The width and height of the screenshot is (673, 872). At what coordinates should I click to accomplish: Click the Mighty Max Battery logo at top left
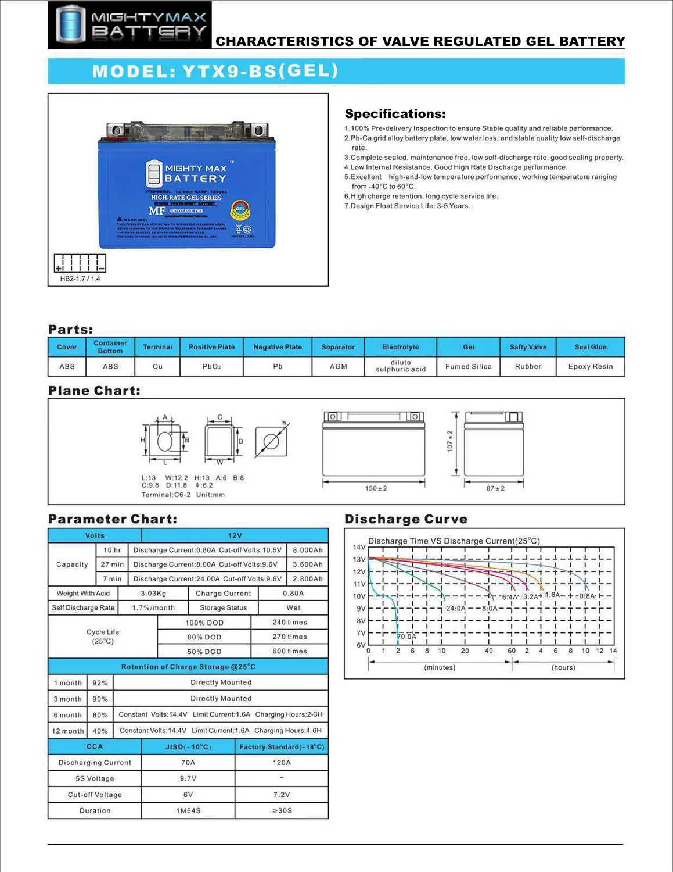pos(129,25)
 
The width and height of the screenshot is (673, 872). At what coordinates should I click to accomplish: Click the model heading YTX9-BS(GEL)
pos(215,71)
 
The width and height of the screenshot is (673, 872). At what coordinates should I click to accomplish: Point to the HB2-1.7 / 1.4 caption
pos(80,279)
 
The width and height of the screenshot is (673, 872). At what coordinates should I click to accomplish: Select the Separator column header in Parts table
pos(338,347)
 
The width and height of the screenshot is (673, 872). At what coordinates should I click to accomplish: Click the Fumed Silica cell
pos(468,367)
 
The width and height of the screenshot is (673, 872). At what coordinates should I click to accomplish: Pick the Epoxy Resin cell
pos(591,367)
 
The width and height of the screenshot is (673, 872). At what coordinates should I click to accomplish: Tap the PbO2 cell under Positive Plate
pos(211,367)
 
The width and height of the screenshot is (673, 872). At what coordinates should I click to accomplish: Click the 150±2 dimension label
pos(376,488)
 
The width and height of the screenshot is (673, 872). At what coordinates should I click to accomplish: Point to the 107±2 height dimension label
pos(450,441)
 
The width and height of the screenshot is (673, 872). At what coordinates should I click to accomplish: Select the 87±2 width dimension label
pos(495,488)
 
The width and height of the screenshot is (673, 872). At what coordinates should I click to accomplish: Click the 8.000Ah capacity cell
pos(307,550)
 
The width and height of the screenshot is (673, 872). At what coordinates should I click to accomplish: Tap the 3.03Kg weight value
pos(153,594)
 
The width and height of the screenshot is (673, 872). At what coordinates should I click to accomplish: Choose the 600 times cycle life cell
pos(289,652)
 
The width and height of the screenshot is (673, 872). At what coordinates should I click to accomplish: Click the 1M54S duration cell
pos(188,811)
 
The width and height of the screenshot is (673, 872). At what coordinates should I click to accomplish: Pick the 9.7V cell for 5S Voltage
pos(188,778)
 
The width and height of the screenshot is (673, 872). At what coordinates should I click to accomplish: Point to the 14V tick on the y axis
pos(359,547)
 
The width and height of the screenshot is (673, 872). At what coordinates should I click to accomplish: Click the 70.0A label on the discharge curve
pos(406,637)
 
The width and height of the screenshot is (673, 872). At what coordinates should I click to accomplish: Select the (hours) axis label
pos(563,667)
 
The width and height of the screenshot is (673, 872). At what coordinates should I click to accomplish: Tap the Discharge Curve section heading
pos(406,519)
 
